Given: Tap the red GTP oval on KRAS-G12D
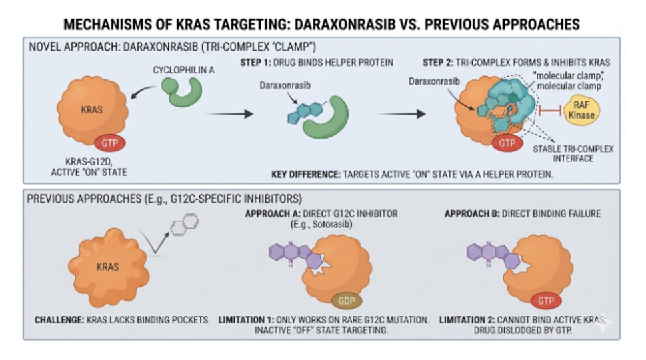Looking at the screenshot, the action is pos(109,143).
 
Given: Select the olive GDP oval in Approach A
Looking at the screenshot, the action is pos(347,301).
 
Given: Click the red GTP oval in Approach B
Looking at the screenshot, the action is pos(546,301).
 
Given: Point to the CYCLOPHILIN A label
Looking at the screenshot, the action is pos(184,70).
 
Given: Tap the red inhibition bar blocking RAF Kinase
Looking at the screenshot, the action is pos(551,110).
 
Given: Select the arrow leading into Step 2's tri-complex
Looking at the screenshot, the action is pos(402,114).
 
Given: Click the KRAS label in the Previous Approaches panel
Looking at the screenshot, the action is pos(107,267).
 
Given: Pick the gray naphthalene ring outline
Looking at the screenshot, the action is pos(185,225).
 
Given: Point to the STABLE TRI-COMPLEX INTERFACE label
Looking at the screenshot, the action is pos(573,153).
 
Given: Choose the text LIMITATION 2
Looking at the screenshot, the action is pos(467,320).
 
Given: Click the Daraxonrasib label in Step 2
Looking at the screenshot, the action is pos(434,81).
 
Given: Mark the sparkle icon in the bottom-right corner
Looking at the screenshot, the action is pos(603,323).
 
